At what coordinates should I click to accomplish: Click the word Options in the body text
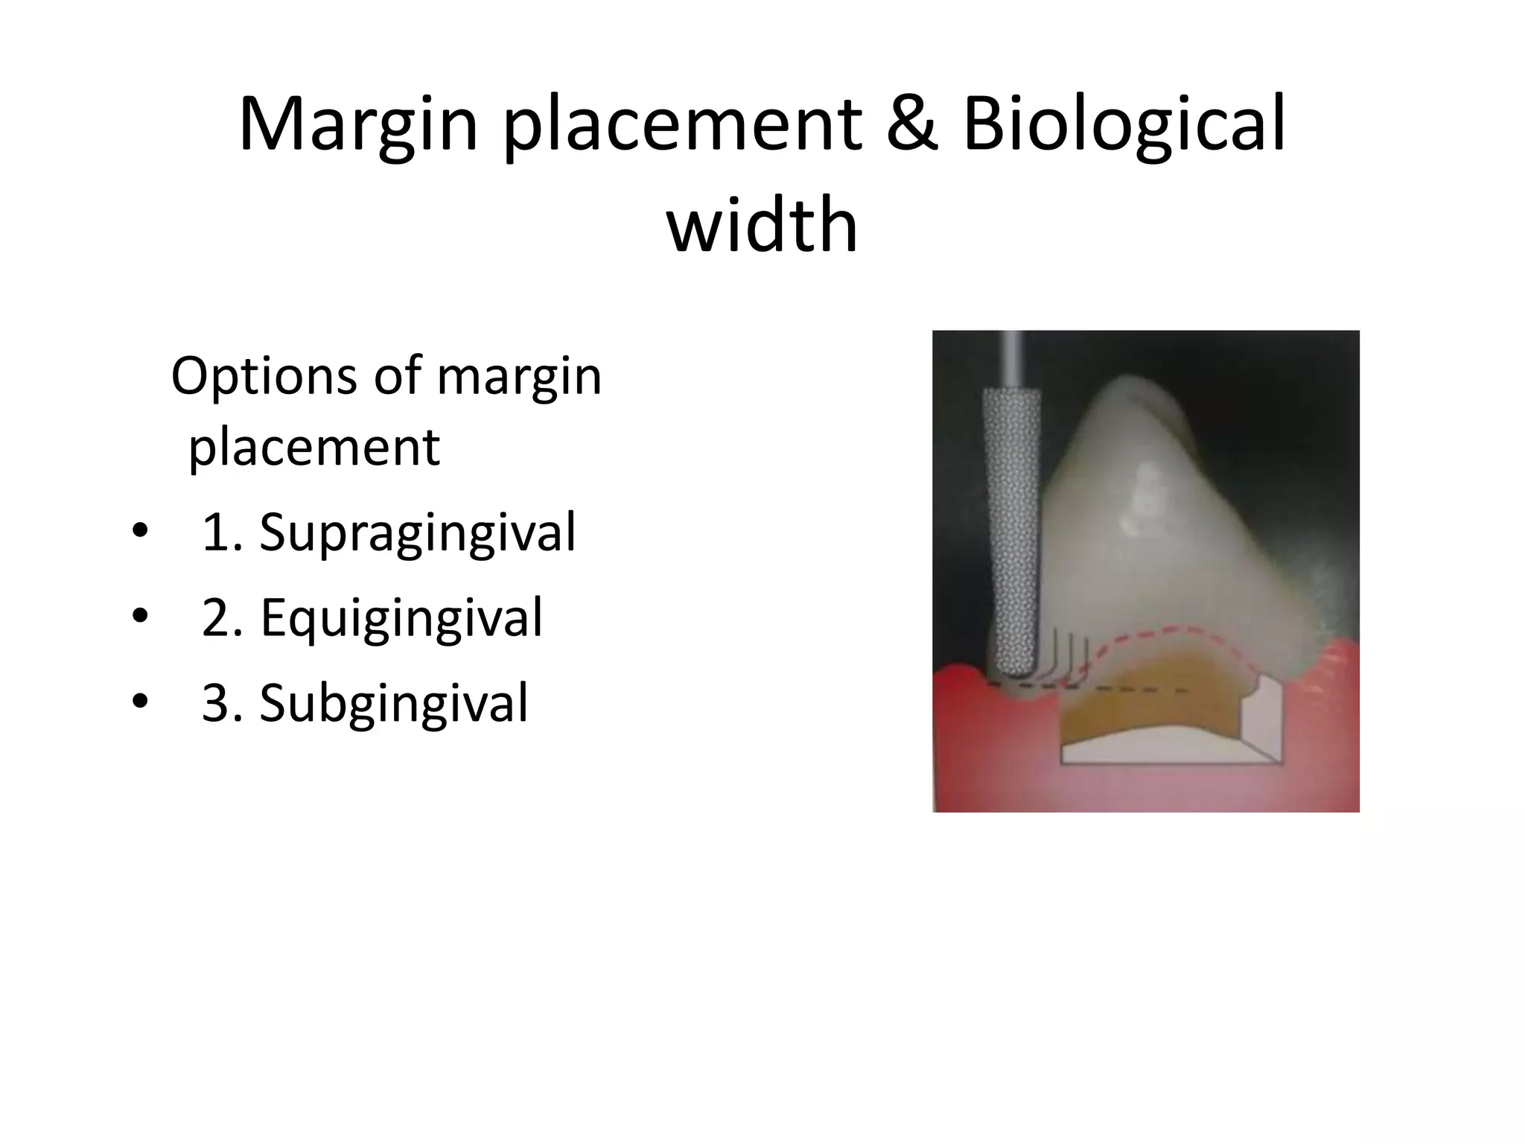click(264, 376)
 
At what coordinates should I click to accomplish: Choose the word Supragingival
click(417, 533)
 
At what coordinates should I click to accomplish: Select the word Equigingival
click(401, 617)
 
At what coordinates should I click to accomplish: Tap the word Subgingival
click(393, 702)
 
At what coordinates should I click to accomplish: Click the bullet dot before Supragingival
click(139, 533)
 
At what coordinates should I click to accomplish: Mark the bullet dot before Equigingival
click(139, 617)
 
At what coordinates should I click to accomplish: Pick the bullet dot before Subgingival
click(139, 702)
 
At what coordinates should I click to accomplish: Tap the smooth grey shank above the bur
click(1012, 357)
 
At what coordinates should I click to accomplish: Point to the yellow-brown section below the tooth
click(1162, 700)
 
